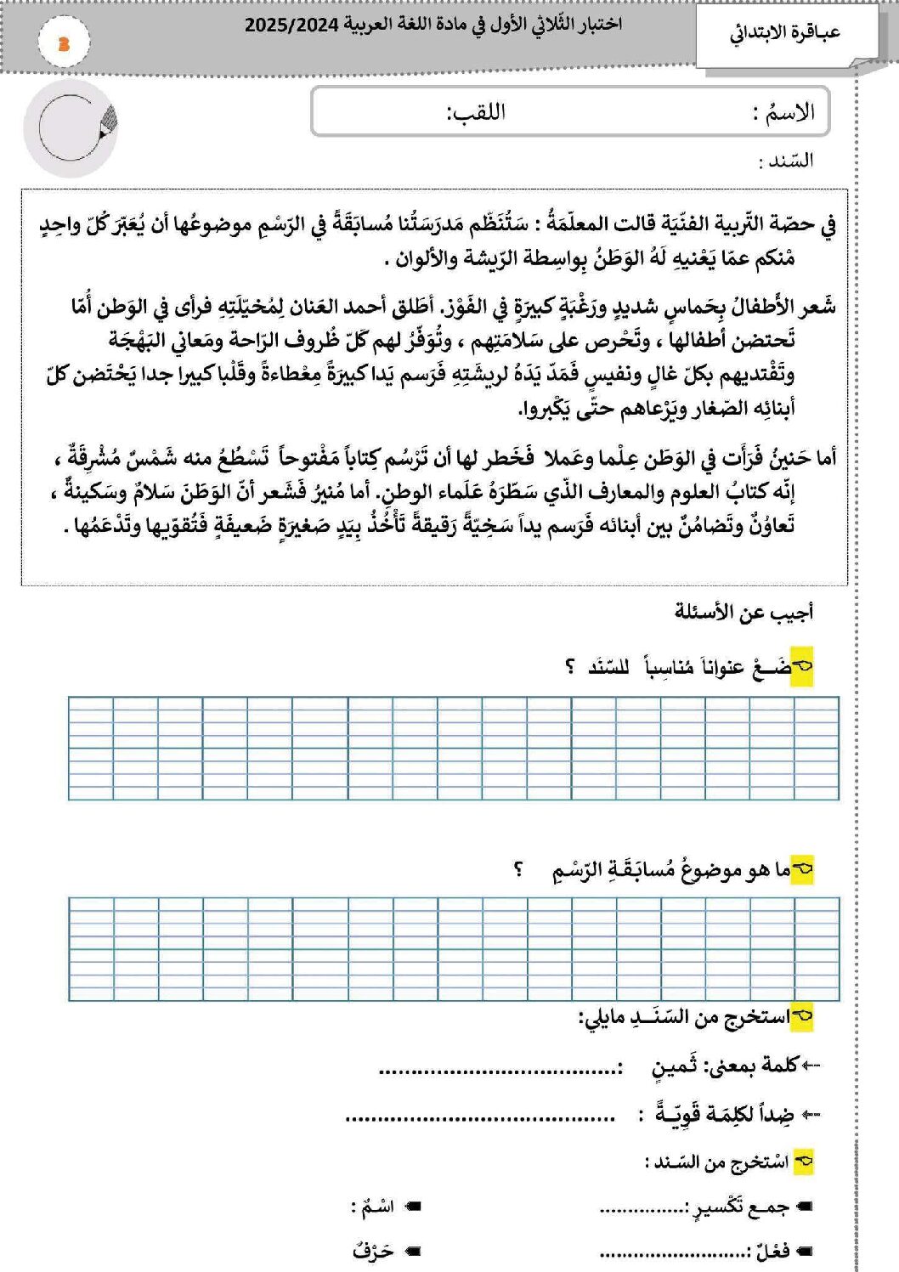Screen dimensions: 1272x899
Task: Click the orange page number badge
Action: pos(64,44)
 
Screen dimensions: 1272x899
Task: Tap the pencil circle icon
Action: pos(71,128)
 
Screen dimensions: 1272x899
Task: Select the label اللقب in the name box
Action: pos(476,113)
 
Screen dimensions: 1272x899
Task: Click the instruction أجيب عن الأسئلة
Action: pos(744,613)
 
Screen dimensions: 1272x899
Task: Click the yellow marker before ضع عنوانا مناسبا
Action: pos(802,668)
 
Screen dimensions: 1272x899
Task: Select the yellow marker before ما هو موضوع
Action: pos(802,870)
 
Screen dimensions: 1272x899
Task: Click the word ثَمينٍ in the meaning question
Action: pos(674,1066)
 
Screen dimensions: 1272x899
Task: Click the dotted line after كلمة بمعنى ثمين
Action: pos(500,1070)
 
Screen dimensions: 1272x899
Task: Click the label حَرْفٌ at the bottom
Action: pos(374,1252)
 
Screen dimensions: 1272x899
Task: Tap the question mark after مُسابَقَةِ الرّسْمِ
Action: pos(518,870)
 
